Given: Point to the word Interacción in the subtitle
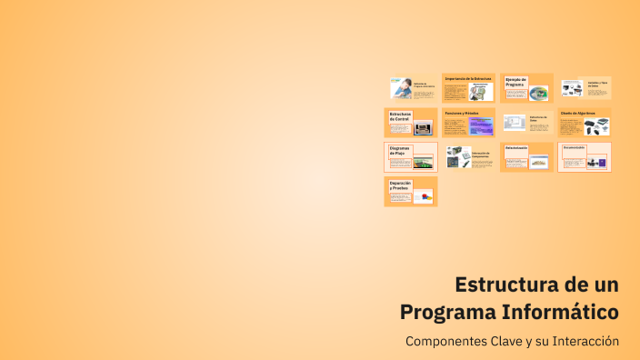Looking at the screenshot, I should click(583, 342).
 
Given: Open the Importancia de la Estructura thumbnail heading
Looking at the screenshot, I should click(467, 78).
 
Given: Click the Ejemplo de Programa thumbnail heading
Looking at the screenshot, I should click(516, 81).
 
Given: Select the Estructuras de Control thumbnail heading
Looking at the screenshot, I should click(401, 116).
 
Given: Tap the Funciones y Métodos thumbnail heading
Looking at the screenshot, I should click(462, 113).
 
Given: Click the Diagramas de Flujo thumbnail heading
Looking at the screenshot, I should click(401, 150).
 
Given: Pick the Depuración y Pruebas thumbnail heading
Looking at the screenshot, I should click(401, 185).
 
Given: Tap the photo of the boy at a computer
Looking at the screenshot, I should click(400, 87).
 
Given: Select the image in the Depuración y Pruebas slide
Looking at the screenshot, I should click(422, 195).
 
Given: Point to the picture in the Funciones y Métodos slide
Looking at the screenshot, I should click(481, 126).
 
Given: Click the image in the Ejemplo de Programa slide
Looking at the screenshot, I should click(538, 92).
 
